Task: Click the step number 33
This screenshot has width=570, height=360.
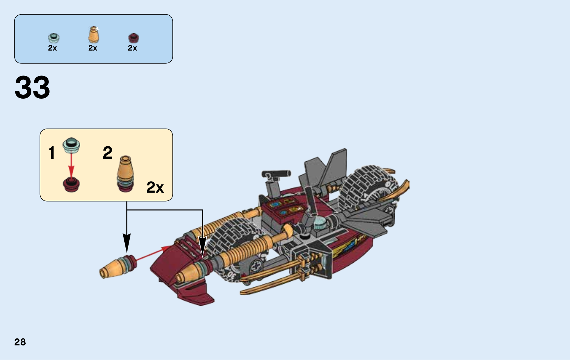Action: [32, 88]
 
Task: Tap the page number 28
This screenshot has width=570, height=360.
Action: [20, 342]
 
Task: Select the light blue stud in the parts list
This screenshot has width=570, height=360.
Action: [53, 37]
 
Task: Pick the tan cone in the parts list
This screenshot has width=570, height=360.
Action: [94, 35]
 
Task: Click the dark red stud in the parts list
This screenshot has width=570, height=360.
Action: [133, 37]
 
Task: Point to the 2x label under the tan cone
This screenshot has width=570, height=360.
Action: [93, 48]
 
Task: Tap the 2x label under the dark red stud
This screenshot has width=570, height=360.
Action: [133, 48]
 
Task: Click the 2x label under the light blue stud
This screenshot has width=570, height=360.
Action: [52, 48]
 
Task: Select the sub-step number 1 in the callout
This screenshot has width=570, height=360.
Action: [52, 153]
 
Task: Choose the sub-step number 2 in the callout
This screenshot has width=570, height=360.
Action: [108, 153]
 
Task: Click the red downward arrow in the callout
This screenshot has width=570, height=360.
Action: [71, 165]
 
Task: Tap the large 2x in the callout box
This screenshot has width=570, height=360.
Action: [155, 187]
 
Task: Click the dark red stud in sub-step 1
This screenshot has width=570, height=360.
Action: [71, 184]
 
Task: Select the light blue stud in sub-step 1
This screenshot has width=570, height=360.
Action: [71, 145]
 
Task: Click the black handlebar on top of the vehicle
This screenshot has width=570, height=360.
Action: [276, 174]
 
